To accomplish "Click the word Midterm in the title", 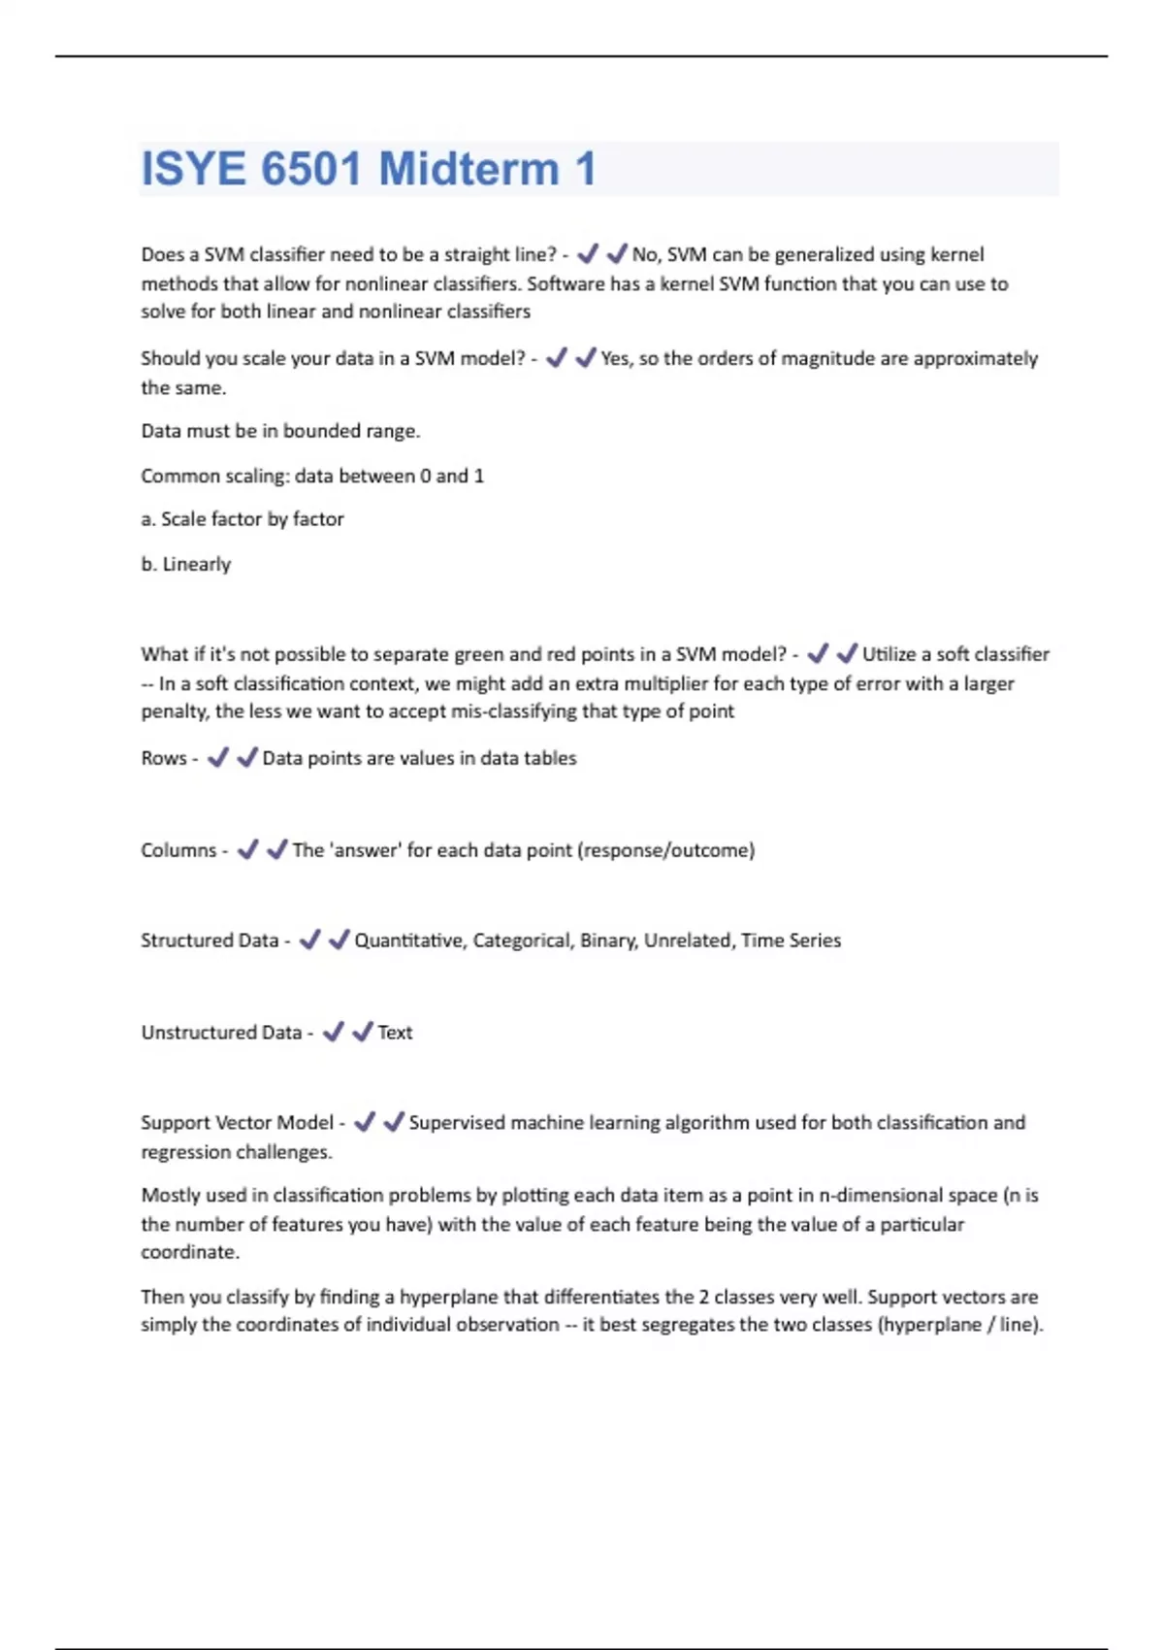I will coord(469,169).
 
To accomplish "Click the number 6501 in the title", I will coord(310,169).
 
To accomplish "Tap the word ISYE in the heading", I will coord(193,169).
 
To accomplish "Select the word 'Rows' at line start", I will coord(163,758).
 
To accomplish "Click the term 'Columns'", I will coord(178,850).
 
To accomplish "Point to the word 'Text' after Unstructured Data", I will coord(395,1033).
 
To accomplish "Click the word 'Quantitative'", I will coord(408,940).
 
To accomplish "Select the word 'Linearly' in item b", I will coord(197,564).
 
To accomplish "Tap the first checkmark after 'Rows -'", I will coord(218,757).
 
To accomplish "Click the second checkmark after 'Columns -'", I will coord(277,849).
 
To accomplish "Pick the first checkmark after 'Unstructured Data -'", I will coord(334,1032).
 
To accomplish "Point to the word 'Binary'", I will coord(608,940).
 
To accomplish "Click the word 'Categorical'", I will coord(522,940).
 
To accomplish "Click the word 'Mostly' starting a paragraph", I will coord(172,1196).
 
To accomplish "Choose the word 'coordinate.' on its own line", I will coord(190,1252).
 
